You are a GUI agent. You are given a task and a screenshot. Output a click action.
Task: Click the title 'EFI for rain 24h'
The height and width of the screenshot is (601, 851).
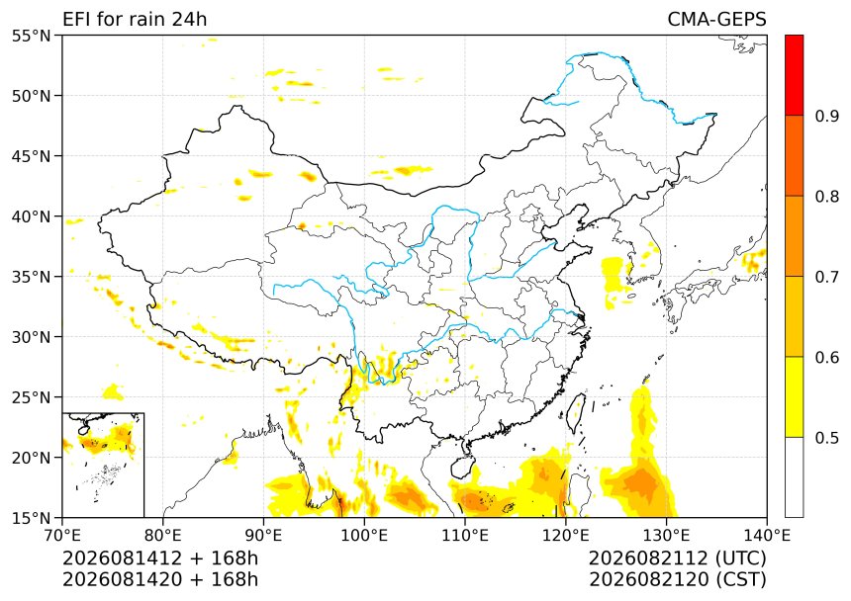point(135,20)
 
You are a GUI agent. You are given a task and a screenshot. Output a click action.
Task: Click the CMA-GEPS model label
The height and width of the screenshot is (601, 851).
point(716,20)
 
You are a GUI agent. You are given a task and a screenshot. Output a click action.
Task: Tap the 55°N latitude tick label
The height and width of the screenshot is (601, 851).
point(31,36)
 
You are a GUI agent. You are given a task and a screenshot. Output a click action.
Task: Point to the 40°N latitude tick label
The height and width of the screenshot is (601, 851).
point(31,216)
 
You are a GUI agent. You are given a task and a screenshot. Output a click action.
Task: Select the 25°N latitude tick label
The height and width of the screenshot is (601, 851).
point(31,397)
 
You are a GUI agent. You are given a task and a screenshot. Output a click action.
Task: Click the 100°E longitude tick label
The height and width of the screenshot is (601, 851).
point(364,536)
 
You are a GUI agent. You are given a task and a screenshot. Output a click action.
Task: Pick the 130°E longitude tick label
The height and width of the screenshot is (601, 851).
point(666,536)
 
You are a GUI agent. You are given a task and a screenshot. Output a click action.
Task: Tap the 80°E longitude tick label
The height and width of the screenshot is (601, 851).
point(163,536)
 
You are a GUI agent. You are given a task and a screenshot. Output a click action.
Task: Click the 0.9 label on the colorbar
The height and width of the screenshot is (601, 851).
point(827,116)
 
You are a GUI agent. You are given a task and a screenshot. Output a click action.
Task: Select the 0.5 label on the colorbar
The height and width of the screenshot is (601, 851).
point(827,437)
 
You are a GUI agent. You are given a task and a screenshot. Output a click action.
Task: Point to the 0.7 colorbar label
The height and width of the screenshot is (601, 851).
point(827,277)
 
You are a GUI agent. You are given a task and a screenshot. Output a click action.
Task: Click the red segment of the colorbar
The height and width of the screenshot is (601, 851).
point(794,75)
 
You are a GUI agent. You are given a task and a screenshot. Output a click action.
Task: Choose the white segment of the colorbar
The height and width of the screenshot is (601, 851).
point(794,476)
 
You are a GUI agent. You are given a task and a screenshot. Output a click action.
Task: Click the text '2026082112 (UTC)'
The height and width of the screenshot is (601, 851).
point(677,558)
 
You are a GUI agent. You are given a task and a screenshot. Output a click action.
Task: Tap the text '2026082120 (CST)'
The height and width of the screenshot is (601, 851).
point(677,580)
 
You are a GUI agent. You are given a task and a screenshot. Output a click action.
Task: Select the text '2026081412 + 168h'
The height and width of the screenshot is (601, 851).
point(160,558)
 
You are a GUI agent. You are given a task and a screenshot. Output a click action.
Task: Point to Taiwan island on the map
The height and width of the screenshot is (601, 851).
point(575,413)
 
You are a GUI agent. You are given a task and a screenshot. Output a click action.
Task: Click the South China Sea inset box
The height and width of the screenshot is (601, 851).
point(103,465)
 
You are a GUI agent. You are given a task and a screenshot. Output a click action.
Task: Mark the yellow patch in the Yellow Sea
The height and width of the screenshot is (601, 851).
point(615,276)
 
